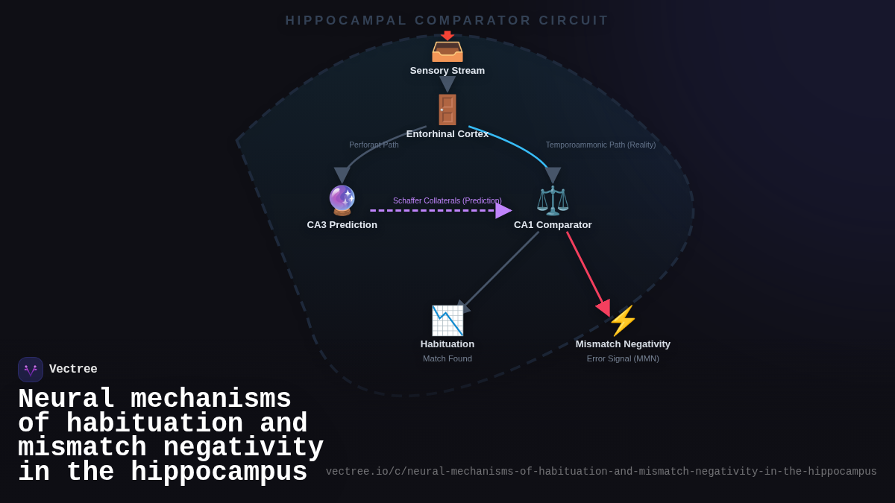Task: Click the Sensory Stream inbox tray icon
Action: tap(447, 48)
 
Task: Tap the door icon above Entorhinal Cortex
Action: tap(447, 110)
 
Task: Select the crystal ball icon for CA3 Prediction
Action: tap(342, 200)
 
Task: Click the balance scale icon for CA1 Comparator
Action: tap(553, 200)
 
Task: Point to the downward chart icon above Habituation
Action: tap(447, 320)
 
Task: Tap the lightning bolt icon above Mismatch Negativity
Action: tap(623, 321)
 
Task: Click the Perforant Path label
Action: tap(374, 145)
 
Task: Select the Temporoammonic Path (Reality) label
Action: tap(600, 145)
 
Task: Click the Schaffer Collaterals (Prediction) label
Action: tap(447, 200)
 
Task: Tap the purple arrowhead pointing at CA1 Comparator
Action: tap(503, 210)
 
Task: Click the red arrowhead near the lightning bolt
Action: tap(603, 307)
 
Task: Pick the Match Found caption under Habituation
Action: tap(447, 358)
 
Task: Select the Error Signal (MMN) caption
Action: tap(623, 358)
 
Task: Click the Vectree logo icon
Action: tap(31, 370)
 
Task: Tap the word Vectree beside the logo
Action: tap(73, 369)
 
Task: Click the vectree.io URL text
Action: tap(601, 472)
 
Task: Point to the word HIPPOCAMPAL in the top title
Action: tap(346, 21)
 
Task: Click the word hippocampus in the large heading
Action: tap(219, 472)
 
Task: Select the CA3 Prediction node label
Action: tap(342, 225)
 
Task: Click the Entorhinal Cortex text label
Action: tap(447, 134)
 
